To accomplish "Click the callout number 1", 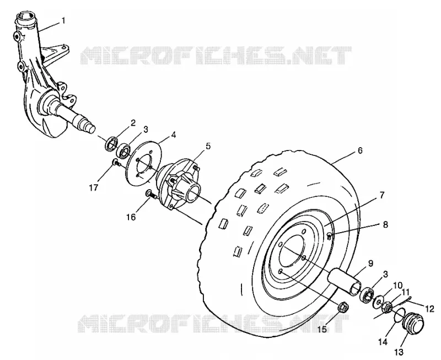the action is pos(63,20).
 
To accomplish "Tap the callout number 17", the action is pos(94,187).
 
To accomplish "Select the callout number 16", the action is pos(131,217).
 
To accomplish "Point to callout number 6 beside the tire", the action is pos(360,151).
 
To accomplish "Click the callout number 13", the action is pos(399,352).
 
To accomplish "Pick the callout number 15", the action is pos(322,329).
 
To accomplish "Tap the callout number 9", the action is pos(370,264).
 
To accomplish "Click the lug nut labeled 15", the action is pos(343,307).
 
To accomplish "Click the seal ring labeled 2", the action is pos(111,144).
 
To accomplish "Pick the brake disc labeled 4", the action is pos(143,163).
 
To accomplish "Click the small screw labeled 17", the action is pos(116,162).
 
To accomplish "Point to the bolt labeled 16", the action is pos(151,194).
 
